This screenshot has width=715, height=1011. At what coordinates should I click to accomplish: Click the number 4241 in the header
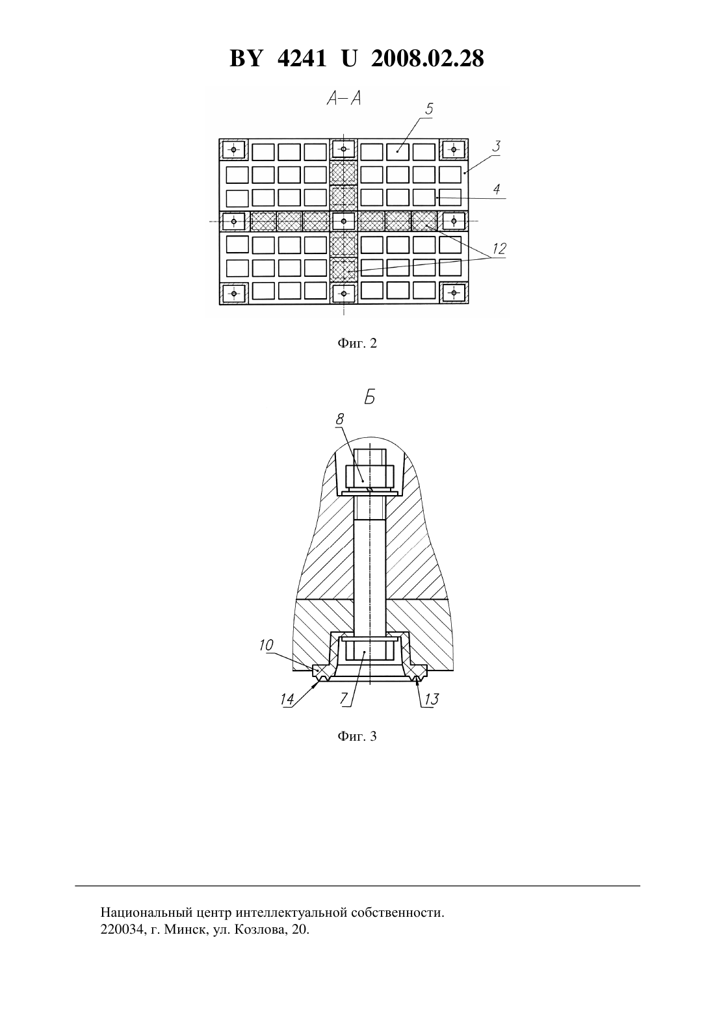(301, 58)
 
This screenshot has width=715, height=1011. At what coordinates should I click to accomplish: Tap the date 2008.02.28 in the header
(428, 58)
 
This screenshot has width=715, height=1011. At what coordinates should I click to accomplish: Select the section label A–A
(344, 99)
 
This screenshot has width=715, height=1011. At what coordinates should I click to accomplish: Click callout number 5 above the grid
(429, 109)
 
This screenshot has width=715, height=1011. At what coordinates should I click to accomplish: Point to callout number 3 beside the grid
(496, 147)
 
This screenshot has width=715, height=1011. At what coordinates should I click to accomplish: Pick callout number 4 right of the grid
(497, 189)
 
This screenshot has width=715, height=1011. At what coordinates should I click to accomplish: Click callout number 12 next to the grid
(499, 249)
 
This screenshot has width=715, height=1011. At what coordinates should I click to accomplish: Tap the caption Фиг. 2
(357, 344)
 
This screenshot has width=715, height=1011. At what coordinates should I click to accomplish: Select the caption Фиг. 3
(357, 736)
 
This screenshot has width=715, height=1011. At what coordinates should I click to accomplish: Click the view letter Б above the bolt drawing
(370, 398)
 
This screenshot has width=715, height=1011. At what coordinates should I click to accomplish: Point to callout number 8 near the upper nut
(339, 419)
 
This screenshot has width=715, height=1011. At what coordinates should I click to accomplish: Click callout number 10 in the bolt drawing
(266, 646)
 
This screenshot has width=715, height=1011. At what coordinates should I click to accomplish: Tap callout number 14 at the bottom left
(287, 699)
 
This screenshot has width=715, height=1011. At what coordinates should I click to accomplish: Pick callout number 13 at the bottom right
(431, 699)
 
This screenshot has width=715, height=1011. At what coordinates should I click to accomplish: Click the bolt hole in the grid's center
(344, 221)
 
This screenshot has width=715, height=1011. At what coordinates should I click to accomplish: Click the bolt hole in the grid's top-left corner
(234, 149)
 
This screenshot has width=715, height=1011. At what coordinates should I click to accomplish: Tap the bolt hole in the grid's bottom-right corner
(454, 294)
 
